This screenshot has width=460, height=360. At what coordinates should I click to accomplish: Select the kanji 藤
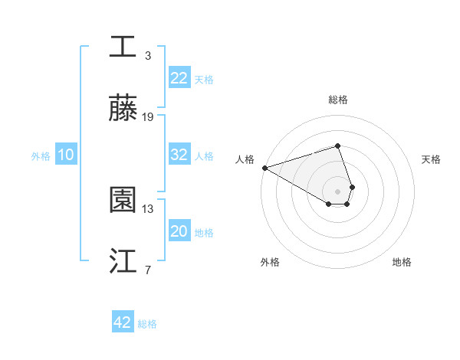[x=123, y=108]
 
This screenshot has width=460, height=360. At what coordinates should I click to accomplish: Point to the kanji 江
[x=123, y=261]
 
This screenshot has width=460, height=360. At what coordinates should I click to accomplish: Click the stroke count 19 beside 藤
[x=148, y=117]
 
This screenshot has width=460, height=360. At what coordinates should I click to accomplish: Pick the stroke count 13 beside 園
[x=148, y=208]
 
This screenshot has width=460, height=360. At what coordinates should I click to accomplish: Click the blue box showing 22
[x=179, y=78]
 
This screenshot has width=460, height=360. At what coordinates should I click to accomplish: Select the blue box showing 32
[x=179, y=154]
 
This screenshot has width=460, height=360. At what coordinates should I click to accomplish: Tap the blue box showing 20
[x=179, y=231]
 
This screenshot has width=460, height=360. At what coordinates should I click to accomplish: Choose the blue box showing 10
[x=65, y=155]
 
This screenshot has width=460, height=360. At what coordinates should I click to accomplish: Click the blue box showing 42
[x=123, y=322]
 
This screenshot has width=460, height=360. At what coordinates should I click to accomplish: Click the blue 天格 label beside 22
[x=204, y=80]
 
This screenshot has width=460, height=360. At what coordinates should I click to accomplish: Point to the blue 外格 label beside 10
[x=41, y=156]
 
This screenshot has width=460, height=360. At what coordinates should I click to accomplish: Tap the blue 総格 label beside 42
[x=147, y=324]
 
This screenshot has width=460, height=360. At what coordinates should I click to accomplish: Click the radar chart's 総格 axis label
[x=338, y=100]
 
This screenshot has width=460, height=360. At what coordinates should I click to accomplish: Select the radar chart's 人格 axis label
[x=245, y=159]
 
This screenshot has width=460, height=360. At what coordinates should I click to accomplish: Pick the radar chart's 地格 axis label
[x=402, y=262]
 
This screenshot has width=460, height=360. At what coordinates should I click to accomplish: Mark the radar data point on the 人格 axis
[x=264, y=168]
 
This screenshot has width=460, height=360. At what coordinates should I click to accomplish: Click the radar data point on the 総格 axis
[x=337, y=146]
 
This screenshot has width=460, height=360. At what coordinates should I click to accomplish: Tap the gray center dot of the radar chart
[x=337, y=191]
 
